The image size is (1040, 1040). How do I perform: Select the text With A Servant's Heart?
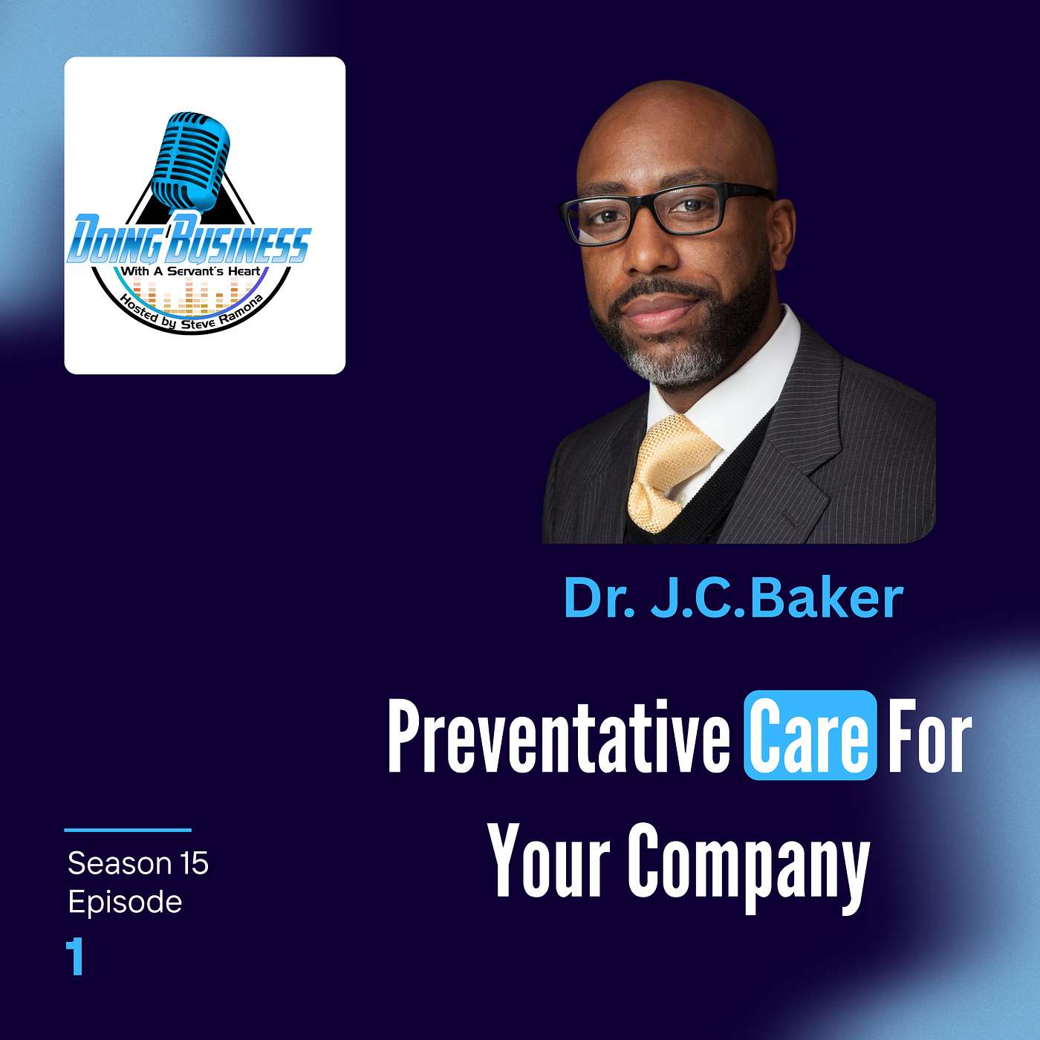click(191, 272)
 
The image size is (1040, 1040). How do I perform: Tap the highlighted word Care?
click(810, 736)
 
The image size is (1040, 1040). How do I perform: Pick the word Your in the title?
click(550, 862)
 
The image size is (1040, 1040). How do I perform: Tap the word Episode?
click(125, 903)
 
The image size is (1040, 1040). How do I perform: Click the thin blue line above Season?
click(128, 830)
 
